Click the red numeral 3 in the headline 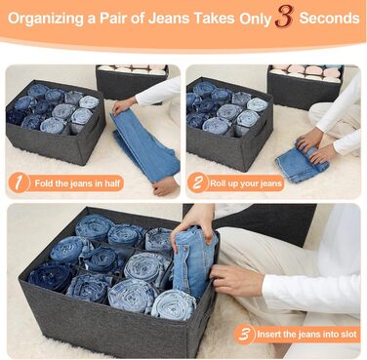coord(284,17)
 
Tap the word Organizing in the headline coord(46,19)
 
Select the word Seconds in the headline coord(329,18)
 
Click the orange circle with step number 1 coord(19,182)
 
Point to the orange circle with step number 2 coord(197,182)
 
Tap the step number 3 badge coord(244,334)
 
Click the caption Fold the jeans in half coord(77,183)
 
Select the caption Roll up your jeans coord(246,183)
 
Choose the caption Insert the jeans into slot coord(306,334)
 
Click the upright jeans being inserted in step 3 coord(193,260)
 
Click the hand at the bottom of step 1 coord(166,186)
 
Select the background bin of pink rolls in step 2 coord(305,83)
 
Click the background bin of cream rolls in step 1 coord(133,81)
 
